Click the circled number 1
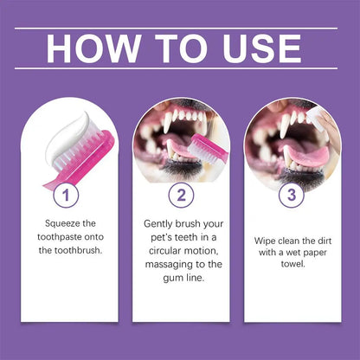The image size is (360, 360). click(66, 195)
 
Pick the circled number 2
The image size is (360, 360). click(181, 195)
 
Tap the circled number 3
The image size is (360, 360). click(292, 195)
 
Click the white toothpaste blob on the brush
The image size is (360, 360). click(69, 136)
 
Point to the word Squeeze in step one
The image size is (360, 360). click(60, 223)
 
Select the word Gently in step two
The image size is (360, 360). click(157, 224)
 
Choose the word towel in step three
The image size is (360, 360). click(292, 263)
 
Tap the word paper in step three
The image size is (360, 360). click(316, 253)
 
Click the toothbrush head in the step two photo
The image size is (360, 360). click(204, 151)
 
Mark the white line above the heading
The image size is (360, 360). click(176, 29)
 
